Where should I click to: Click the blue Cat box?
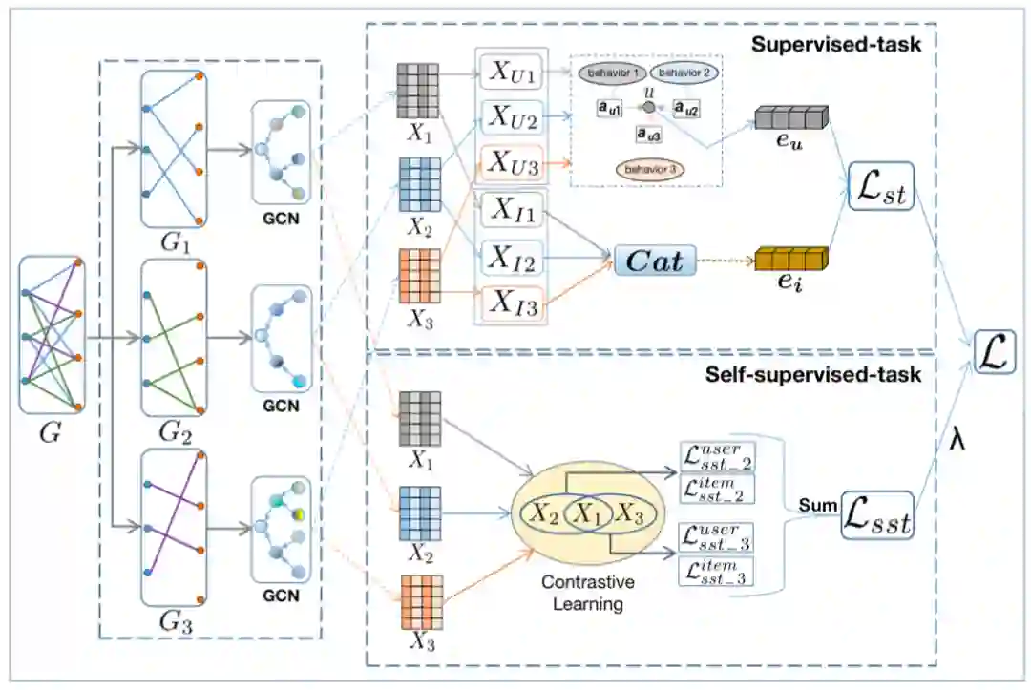(655, 260)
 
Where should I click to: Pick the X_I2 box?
(513, 258)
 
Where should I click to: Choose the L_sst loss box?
(876, 520)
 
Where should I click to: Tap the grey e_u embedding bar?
(789, 118)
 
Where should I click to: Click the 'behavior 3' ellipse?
(649, 169)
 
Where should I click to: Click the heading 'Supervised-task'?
(835, 45)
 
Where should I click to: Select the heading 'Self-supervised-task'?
(813, 374)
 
